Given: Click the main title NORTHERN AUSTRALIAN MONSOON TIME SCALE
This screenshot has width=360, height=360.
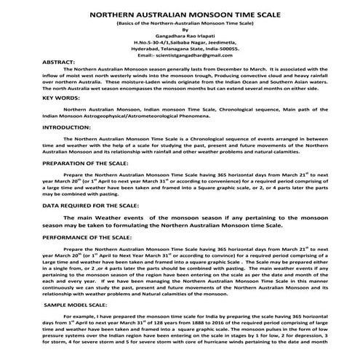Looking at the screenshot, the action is point(180,13).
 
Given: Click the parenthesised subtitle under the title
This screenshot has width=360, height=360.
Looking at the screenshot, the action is point(180,24).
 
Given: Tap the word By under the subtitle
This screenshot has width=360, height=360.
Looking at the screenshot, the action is point(180,31).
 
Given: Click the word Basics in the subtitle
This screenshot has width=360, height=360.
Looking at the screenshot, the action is point(129,24).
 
